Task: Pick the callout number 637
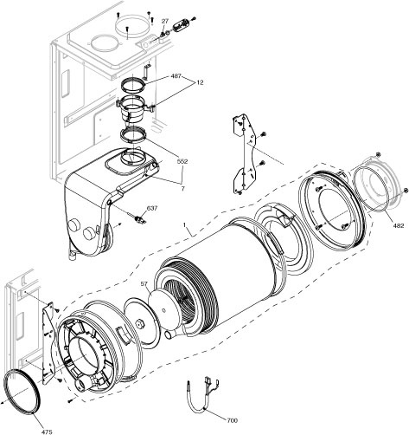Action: [151, 208]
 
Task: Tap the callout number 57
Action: [144, 283]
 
